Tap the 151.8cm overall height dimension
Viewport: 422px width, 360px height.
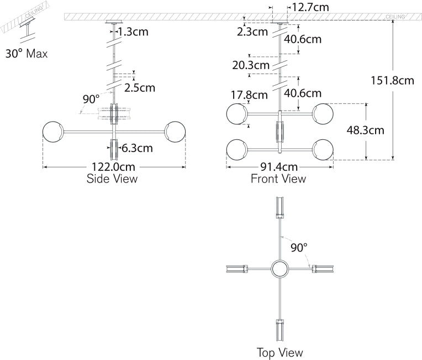(x=393, y=81)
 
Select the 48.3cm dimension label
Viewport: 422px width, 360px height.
(x=365, y=131)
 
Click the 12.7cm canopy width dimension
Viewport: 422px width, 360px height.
(x=311, y=8)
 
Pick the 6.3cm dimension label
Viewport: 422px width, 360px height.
(x=137, y=148)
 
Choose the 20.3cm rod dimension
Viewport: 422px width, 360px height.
(x=250, y=65)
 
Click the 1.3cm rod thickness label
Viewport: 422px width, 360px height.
(x=133, y=32)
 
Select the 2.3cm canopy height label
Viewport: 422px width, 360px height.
(x=252, y=32)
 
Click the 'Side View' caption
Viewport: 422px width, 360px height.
(x=112, y=179)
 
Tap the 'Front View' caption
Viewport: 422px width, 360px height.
(x=278, y=179)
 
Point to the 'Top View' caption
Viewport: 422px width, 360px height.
(x=280, y=352)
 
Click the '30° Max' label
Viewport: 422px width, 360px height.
(x=27, y=54)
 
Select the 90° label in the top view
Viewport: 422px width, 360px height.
(x=299, y=247)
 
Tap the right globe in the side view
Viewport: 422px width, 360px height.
(x=175, y=133)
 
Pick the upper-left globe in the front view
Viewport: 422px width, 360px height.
(x=236, y=114)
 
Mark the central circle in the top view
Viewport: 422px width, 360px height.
(x=281, y=269)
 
